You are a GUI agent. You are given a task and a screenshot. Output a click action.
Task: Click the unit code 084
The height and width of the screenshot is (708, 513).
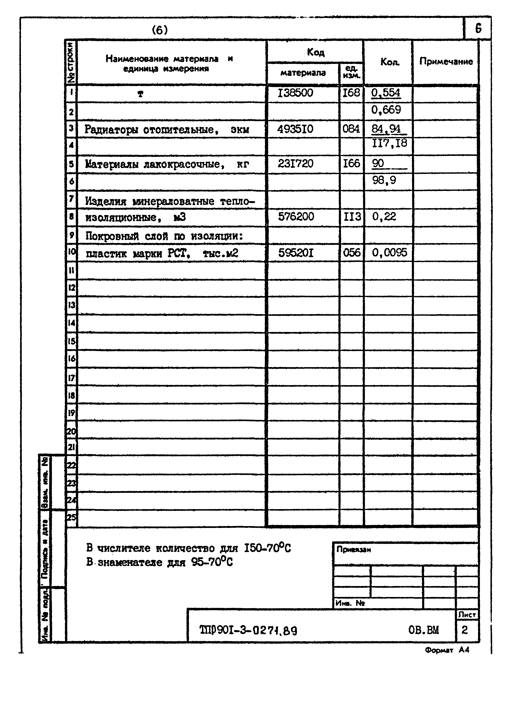tap(351, 129)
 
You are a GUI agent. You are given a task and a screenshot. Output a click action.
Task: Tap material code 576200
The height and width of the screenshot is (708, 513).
tap(296, 216)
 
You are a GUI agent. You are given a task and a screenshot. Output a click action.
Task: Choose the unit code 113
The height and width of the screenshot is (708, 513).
tap(352, 216)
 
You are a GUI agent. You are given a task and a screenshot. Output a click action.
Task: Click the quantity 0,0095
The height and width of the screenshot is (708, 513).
tap(389, 252)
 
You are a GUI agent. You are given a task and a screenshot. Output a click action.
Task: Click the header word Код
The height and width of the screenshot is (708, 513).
tap(315, 52)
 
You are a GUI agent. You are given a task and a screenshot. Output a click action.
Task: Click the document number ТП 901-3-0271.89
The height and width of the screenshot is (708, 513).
tap(248, 630)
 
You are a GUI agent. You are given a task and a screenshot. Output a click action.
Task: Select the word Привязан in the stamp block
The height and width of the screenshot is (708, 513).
tap(353, 550)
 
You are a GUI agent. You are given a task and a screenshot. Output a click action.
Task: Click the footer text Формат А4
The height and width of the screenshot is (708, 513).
tap(446, 650)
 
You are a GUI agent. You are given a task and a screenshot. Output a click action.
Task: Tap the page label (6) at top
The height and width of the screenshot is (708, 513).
tap(160, 30)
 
